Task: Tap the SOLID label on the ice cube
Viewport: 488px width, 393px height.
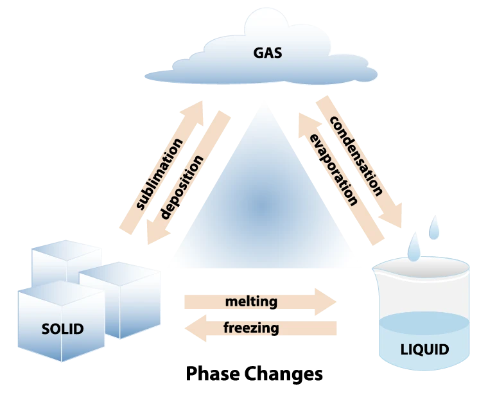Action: pos(62,329)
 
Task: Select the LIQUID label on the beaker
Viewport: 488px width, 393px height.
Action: pos(424,350)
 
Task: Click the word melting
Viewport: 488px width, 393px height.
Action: pos(251,301)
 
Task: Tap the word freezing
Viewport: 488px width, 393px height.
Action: pos(251,328)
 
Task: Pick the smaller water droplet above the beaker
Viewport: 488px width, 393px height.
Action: pos(437,225)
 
